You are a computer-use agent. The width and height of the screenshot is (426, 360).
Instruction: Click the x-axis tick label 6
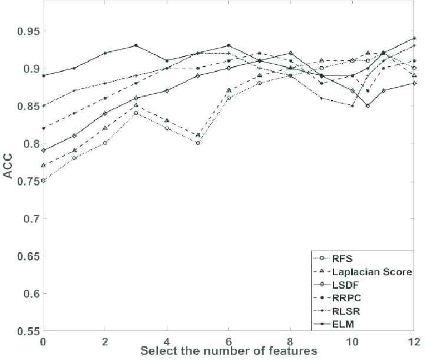(x=230, y=341)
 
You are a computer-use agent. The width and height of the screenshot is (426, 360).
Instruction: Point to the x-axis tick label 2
(x=105, y=341)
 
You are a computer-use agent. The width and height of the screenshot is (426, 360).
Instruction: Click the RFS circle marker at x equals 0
(x=42, y=181)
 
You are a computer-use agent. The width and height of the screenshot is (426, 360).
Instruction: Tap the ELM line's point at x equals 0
(x=42, y=75)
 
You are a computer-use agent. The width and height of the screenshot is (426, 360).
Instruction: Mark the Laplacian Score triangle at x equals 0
(x=42, y=166)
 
